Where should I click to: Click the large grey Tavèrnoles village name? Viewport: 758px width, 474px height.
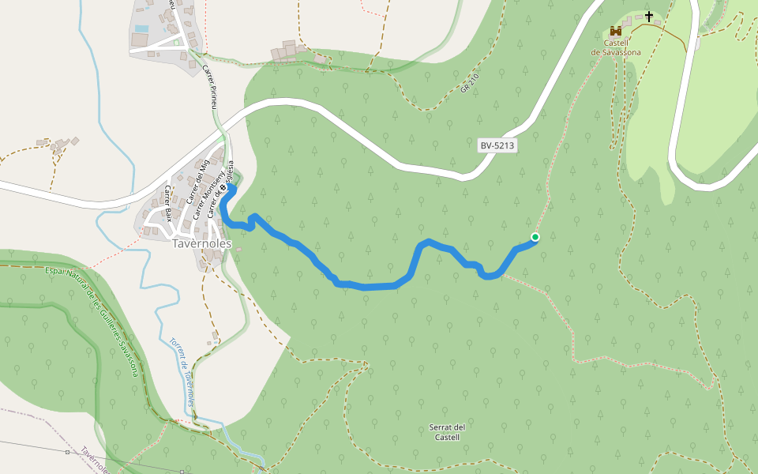pyautogui.click(x=201, y=243)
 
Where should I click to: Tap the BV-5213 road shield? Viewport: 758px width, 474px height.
pyautogui.click(x=497, y=146)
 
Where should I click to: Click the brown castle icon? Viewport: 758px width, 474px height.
pyautogui.click(x=616, y=31)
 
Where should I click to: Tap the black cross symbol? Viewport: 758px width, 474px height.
pyautogui.click(x=649, y=16)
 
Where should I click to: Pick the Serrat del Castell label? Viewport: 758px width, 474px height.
pyautogui.click(x=447, y=432)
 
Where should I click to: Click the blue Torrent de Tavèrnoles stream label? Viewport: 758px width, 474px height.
pyautogui.click(x=183, y=372)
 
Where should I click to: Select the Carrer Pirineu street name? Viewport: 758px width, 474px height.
pyautogui.click(x=209, y=86)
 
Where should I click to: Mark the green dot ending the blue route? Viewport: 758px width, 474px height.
pyautogui.click(x=535, y=237)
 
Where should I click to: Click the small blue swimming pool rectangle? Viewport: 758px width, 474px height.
pyautogui.click(x=141, y=29)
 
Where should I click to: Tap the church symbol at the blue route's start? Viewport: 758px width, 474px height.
pyautogui.click(x=223, y=187)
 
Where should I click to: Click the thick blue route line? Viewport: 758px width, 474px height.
pyautogui.click(x=371, y=285)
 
